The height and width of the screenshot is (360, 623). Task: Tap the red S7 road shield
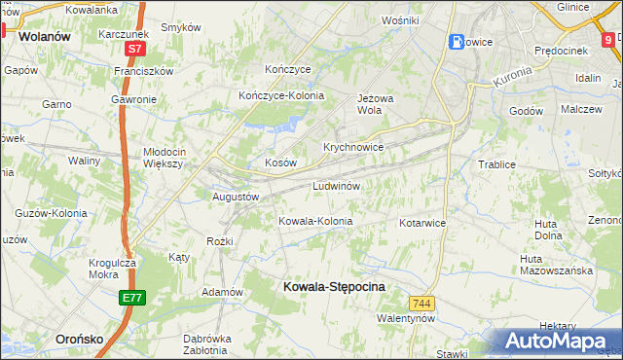tap(134, 48)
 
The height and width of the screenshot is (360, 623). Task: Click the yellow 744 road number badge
tap(421, 304)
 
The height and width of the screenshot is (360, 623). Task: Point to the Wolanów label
tap(45, 36)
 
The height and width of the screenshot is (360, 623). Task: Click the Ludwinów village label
tap(337, 185)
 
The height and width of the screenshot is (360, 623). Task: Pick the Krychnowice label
tap(352, 147)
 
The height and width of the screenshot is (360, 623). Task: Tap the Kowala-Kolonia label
tap(315, 221)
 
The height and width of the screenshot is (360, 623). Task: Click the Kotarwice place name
tap(422, 223)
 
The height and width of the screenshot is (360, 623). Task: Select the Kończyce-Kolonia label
tap(281, 95)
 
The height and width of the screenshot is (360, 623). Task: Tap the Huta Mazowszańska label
tap(556, 265)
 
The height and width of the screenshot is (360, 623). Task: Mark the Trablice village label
tap(496, 164)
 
